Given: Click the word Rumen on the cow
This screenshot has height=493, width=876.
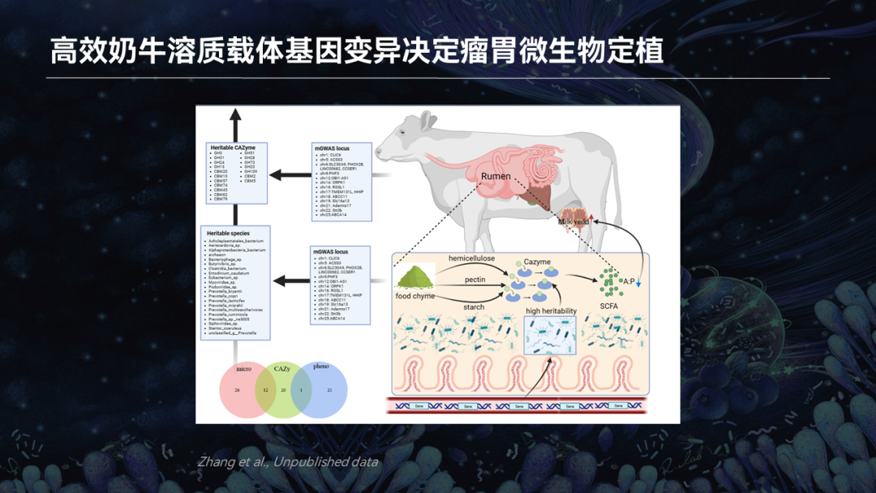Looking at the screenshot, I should click(x=496, y=176).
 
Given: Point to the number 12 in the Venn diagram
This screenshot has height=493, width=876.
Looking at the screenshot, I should click(x=264, y=390).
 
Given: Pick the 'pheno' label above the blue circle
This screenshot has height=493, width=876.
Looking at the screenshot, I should click(x=321, y=367).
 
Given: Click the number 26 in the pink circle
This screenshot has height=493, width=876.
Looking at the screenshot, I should click(x=237, y=390).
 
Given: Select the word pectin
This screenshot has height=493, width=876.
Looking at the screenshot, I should click(x=475, y=279).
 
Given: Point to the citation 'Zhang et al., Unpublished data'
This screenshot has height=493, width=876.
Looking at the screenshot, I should click(x=288, y=462).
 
